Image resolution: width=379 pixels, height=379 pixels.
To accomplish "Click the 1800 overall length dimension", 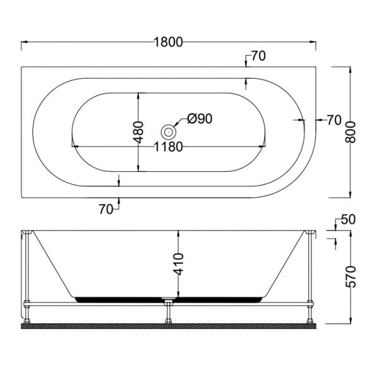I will pyautogui.click(x=168, y=42).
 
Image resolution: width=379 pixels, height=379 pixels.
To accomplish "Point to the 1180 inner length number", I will pyautogui.click(x=168, y=147).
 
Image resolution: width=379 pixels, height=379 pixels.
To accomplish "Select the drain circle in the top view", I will pyautogui.click(x=168, y=132).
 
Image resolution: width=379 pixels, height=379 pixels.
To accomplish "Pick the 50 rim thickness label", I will pyautogui.click(x=348, y=220).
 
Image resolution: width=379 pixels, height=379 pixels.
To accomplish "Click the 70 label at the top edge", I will pyautogui.click(x=258, y=56).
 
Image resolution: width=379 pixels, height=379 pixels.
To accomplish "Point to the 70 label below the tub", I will pyautogui.click(x=106, y=208).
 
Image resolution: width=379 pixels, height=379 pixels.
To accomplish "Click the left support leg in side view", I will pyautogui.click(x=27, y=278).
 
